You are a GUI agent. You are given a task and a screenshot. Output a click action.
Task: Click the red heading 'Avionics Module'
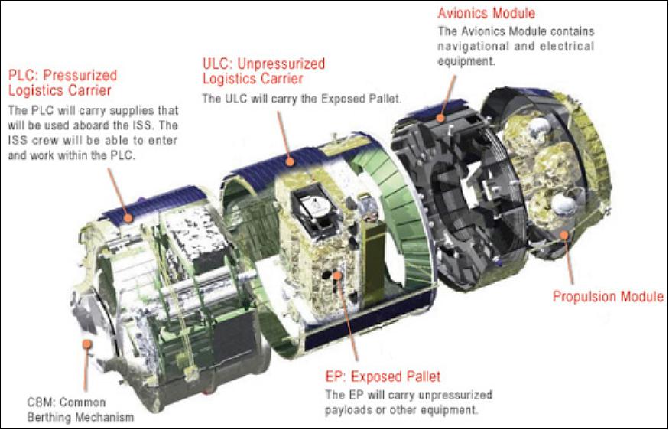tap(486, 13)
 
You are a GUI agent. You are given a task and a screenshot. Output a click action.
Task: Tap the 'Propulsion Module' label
tap(608, 296)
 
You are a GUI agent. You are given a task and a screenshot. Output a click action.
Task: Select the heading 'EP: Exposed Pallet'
tap(383, 376)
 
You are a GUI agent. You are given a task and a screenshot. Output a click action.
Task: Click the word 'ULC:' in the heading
tap(217, 64)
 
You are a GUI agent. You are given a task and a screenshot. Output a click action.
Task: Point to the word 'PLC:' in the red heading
tap(24, 76)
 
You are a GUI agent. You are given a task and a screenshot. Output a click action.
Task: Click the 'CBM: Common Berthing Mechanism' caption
tap(80, 409)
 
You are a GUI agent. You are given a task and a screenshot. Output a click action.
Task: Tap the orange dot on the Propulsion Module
tap(564, 234)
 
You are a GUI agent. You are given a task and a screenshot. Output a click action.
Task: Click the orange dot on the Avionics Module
tap(440, 118)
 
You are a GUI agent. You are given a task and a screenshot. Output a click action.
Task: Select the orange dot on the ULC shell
tap(290, 162)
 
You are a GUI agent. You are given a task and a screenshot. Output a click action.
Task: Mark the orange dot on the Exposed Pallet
tap(337, 275)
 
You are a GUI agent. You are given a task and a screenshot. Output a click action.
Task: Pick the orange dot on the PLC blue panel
tap(128, 218)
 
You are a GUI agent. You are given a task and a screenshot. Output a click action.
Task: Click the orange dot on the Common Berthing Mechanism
tap(87, 344)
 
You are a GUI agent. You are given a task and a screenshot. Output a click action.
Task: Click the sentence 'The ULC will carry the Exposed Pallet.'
tap(302, 99)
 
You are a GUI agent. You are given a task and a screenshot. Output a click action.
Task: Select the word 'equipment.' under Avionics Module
tap(466, 61)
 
